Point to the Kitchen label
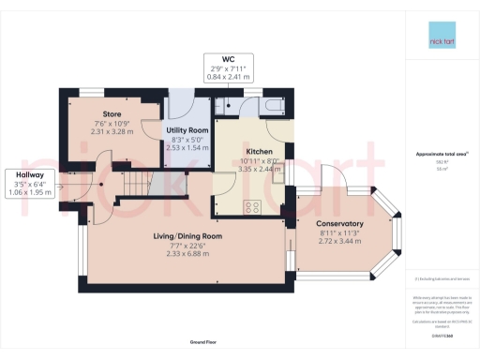point(259,151)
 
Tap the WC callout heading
point(228,59)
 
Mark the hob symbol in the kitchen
point(252,207)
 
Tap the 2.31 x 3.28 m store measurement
point(103,133)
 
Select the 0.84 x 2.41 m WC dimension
point(228,77)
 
